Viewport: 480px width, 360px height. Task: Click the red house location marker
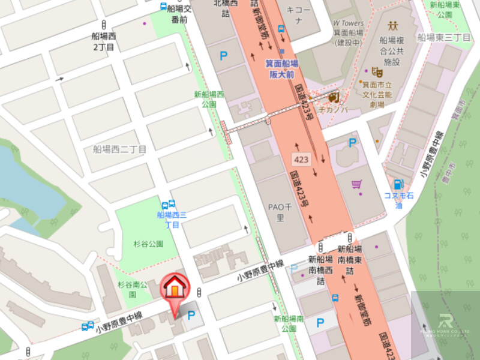click(174, 287)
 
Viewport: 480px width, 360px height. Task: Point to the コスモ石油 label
click(400, 200)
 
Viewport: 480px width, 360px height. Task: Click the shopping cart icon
click(356, 184)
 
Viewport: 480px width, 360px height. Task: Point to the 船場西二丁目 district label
click(119, 149)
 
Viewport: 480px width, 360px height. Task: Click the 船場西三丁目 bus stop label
click(172, 219)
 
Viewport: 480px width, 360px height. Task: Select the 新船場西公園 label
click(209, 99)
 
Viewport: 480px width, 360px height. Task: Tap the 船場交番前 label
click(179, 14)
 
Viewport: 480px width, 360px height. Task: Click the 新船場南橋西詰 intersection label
click(320, 269)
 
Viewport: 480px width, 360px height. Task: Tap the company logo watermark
click(445, 325)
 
